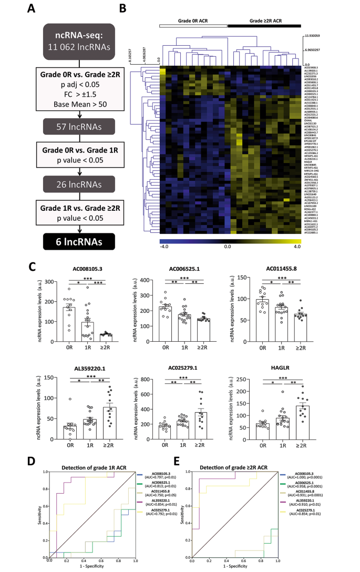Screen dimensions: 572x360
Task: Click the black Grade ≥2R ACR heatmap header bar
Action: coord(264,25)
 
